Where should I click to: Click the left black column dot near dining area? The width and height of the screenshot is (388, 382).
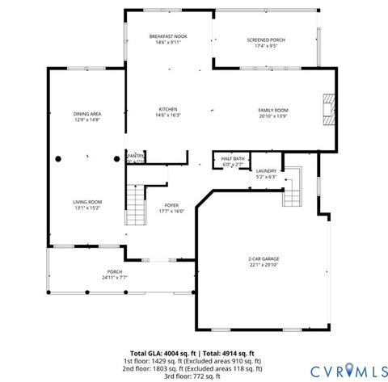[58, 159]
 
